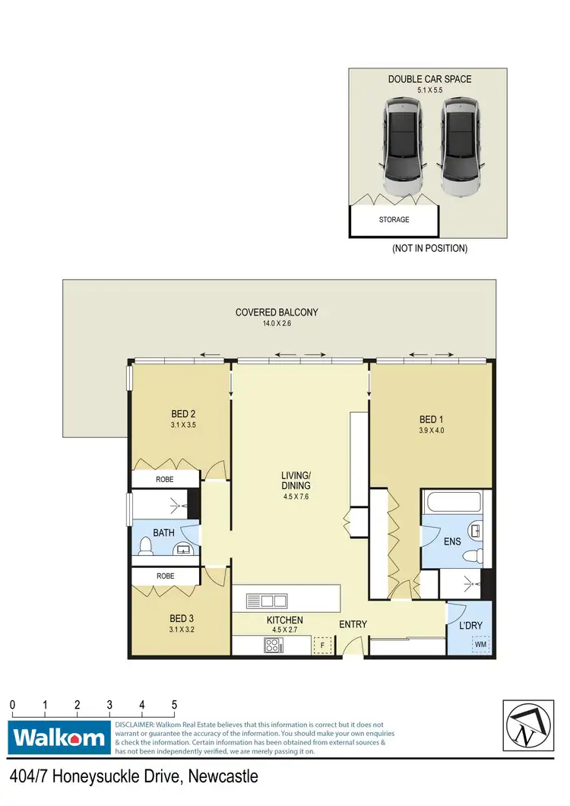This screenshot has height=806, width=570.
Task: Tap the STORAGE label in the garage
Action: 394,220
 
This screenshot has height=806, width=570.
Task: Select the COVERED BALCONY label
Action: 277,312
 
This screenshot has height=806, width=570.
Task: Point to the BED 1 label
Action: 429,420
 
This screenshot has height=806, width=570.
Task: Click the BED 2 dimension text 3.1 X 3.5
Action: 183,426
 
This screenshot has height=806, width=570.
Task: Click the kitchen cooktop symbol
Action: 273,646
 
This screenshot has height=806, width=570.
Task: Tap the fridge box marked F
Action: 322,646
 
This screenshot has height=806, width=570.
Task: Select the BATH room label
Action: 164,533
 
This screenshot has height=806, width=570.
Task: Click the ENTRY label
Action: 353,624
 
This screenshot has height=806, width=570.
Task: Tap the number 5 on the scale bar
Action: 175,704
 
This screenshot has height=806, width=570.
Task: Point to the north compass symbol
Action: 529,725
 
